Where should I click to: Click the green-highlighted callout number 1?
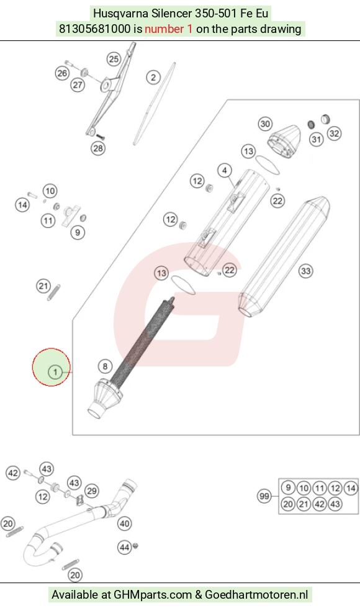tap(55, 372)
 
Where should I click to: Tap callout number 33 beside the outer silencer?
tap(306, 271)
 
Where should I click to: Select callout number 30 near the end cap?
tap(265, 124)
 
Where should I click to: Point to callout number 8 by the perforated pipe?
tap(105, 366)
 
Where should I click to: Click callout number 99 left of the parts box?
tap(264, 496)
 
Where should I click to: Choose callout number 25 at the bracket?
tap(114, 59)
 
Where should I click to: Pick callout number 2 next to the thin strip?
tap(153, 77)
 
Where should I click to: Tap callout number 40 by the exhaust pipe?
tap(124, 524)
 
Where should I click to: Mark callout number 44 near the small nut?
tap(124, 547)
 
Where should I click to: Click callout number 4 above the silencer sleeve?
tap(225, 170)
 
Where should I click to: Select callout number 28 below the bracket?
tap(98, 148)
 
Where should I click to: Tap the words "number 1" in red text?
tap(169, 29)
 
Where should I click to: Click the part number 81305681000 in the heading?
tap(94, 29)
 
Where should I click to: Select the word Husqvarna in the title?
tap(120, 14)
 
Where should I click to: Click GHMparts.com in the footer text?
tap(153, 594)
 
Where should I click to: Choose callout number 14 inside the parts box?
tap(351, 488)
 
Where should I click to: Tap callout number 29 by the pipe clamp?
tap(92, 491)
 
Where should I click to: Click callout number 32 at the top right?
tap(334, 134)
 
